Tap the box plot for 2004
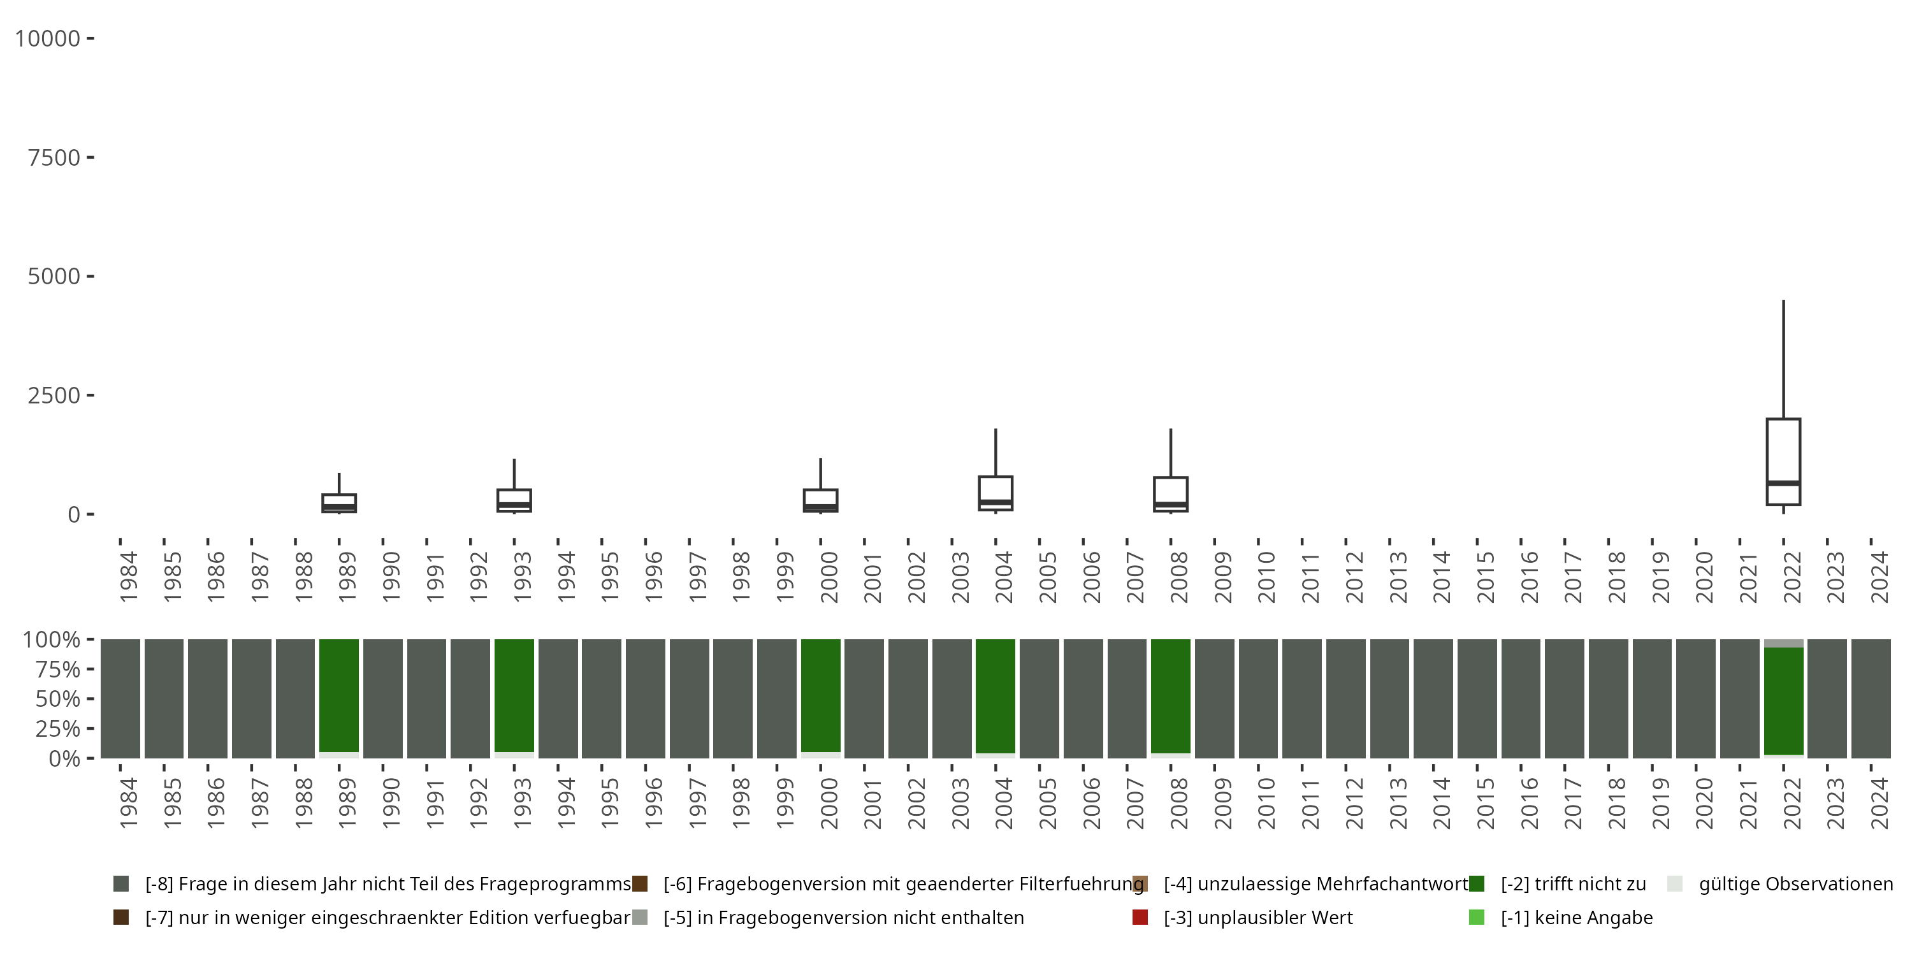click(996, 493)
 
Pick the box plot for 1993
click(514, 500)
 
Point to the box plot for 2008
click(1171, 495)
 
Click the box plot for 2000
click(820, 500)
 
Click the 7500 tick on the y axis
click(54, 157)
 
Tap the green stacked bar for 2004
click(996, 696)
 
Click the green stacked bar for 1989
click(339, 696)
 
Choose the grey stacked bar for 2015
click(1477, 699)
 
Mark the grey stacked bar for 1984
click(120, 699)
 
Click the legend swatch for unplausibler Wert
click(1140, 917)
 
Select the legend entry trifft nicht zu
click(1573, 884)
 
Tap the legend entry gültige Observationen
click(1795, 884)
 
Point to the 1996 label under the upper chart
click(653, 576)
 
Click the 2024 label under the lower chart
click(1879, 803)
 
